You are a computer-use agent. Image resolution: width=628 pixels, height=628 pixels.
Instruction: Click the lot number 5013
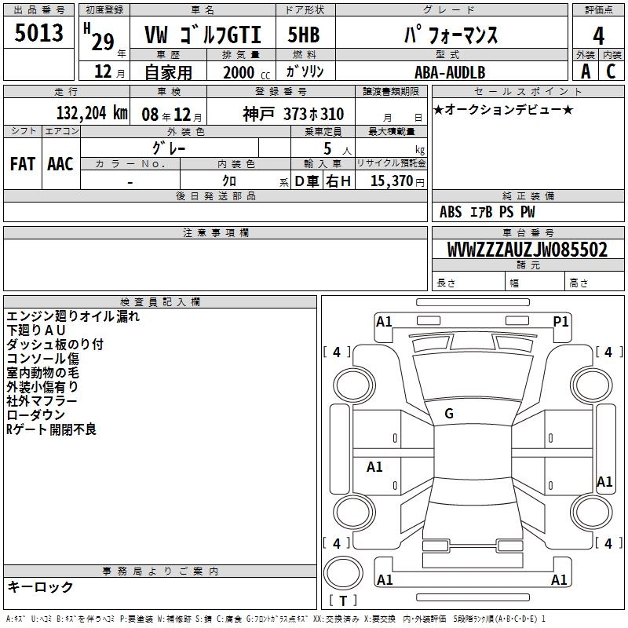(x=38, y=32)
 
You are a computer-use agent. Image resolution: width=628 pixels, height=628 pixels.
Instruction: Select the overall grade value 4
(x=598, y=35)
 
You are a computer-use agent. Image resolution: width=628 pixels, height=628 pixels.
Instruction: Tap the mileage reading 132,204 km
(x=92, y=113)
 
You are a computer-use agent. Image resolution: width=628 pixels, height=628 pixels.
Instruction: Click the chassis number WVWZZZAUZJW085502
(x=528, y=249)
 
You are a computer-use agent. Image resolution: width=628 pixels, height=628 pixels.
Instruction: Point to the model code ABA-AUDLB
(x=450, y=72)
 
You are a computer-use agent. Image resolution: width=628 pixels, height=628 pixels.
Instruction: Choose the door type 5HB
(x=304, y=35)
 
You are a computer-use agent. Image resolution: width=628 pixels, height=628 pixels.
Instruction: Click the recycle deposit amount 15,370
(x=391, y=181)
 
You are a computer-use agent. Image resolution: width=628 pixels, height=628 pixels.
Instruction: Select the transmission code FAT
(x=23, y=164)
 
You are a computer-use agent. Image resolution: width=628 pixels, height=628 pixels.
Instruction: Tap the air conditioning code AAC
(x=60, y=164)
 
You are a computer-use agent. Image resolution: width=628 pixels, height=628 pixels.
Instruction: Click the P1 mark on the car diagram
(x=560, y=322)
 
